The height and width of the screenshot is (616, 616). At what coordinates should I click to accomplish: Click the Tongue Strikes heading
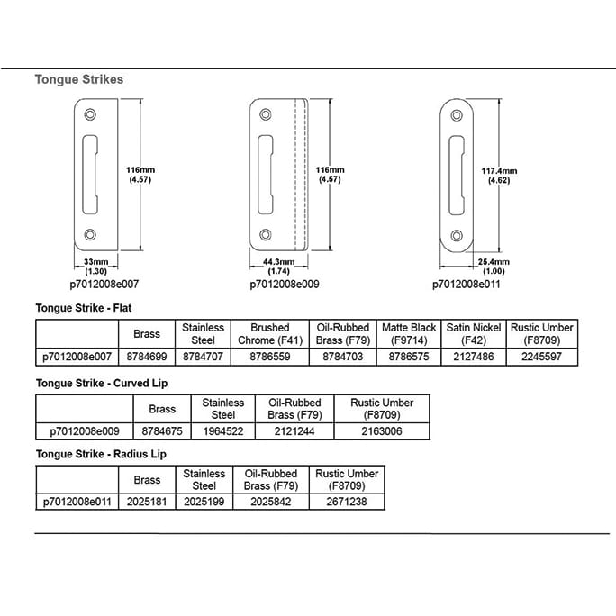[x=79, y=79]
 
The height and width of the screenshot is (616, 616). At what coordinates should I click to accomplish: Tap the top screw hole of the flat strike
[x=90, y=114]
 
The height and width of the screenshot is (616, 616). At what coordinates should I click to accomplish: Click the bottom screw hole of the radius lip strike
[x=457, y=236]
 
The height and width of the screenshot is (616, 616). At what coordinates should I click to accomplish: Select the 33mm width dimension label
[x=95, y=267]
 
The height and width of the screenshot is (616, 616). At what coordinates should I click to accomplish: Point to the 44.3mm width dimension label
[x=278, y=267]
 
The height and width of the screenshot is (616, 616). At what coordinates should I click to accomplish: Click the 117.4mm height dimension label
[x=499, y=176]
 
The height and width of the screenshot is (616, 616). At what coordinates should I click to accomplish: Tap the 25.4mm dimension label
[x=494, y=267]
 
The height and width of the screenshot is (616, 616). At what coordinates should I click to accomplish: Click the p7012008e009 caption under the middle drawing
[x=285, y=284]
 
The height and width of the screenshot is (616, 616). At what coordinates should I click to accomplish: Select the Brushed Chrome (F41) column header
[x=270, y=334]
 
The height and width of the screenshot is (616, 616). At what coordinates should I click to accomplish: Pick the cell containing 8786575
[x=409, y=357]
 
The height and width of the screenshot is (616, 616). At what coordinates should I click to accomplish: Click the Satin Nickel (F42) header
[x=474, y=334]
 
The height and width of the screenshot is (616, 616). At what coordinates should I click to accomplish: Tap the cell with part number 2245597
[x=542, y=357]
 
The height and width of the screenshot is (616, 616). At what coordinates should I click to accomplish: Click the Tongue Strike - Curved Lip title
[x=102, y=383]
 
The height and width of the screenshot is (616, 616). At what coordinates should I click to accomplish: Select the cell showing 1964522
[x=223, y=431]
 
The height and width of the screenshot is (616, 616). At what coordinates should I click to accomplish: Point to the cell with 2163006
[x=382, y=431]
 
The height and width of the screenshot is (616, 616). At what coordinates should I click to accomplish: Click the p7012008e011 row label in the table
[x=77, y=502]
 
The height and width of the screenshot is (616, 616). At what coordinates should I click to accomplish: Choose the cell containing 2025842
[x=271, y=502]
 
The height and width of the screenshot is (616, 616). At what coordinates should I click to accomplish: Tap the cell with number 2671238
[x=347, y=502]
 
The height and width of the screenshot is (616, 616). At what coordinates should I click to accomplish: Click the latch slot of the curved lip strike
[x=265, y=175]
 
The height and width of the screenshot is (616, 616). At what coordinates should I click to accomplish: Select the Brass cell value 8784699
[x=147, y=357]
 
